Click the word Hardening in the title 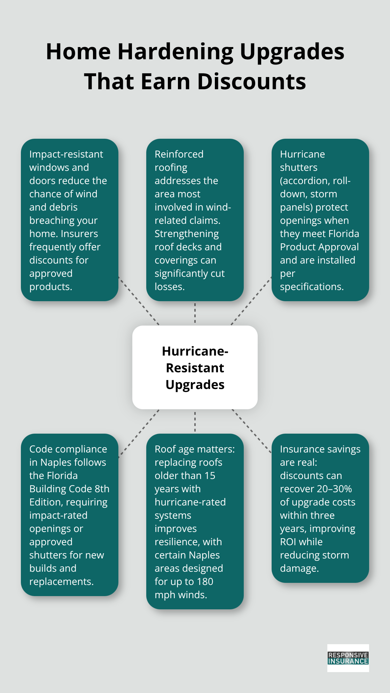pyautogui.click(x=175, y=52)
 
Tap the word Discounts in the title pyautogui.click(x=251, y=82)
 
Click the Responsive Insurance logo pyautogui.click(x=348, y=658)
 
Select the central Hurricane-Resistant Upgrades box pyautogui.click(x=195, y=367)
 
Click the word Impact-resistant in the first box pyautogui.click(x=66, y=154)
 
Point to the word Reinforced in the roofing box pyautogui.click(x=179, y=154)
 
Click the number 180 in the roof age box pyautogui.click(x=205, y=581)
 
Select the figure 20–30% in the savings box pyautogui.click(x=334, y=489)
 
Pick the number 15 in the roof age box pyautogui.click(x=210, y=475)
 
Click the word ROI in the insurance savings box pyautogui.click(x=289, y=542)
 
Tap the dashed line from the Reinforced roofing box pyautogui.click(x=195, y=313)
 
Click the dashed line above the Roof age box pyautogui.click(x=195, y=421)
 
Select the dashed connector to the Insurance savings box pyautogui.click(x=251, y=431)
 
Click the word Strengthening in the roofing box pyautogui.click(x=187, y=234)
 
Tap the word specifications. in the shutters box pyautogui.click(x=312, y=287)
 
